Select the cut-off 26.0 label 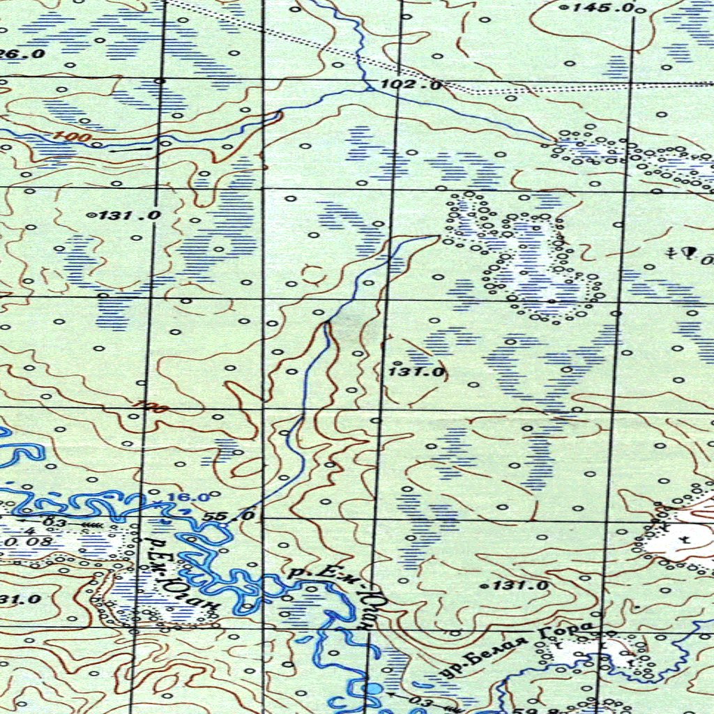coord(24,54)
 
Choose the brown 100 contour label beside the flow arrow coord(74,137)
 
